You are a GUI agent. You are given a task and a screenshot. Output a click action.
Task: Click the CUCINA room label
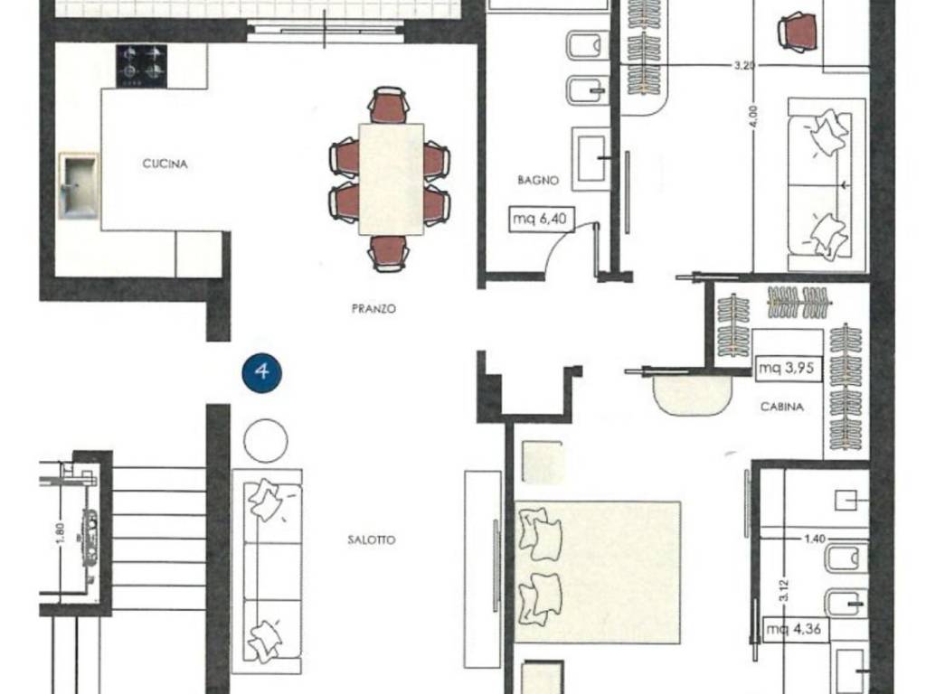point(165,164)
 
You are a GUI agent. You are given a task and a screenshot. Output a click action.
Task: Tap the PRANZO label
point(373,309)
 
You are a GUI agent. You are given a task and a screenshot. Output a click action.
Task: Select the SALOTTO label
point(372,540)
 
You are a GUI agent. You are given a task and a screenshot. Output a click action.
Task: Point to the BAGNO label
point(538,180)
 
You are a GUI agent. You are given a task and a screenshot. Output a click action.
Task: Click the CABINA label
point(782,407)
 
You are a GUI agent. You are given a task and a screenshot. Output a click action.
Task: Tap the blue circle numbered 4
point(262,372)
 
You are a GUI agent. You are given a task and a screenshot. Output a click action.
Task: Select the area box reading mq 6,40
point(541,219)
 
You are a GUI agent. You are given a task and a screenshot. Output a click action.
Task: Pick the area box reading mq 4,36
point(794,629)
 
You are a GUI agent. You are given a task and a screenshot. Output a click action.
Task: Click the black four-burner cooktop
point(142,65)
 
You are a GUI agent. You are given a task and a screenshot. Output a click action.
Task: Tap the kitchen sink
point(79,185)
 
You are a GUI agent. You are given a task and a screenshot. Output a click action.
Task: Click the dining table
point(391,180)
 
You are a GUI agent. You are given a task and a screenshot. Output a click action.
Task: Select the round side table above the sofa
point(266,441)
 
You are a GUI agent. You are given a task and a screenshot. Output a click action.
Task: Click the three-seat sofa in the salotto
point(267,571)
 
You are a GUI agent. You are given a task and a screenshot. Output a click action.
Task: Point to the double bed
point(598,572)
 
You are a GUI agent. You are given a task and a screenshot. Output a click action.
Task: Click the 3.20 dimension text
point(744,65)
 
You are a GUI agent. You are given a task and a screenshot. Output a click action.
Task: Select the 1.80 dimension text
point(61,534)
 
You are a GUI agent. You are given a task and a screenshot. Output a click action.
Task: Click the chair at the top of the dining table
point(389,106)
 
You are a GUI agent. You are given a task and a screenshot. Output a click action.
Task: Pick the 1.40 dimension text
point(815,539)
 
